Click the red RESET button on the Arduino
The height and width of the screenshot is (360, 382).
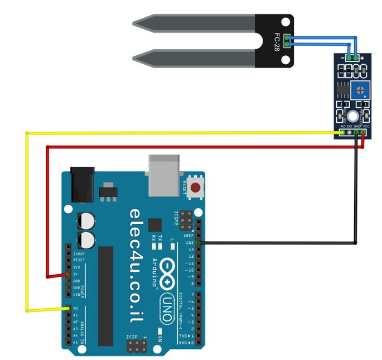tap(195, 188)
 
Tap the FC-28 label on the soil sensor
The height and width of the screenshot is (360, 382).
tap(277, 41)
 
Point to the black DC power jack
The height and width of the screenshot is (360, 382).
tap(83, 184)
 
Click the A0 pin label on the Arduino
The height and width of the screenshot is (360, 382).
tap(75, 309)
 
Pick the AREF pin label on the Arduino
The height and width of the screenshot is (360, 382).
tap(190, 236)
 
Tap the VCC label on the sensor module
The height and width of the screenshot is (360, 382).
tap(366, 127)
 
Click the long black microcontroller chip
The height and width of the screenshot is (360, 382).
tap(105, 296)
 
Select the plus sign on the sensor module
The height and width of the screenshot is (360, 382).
tap(362, 57)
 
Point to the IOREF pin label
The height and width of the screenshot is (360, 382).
tap(79, 254)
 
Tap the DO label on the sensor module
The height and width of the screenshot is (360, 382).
tap(350, 127)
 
